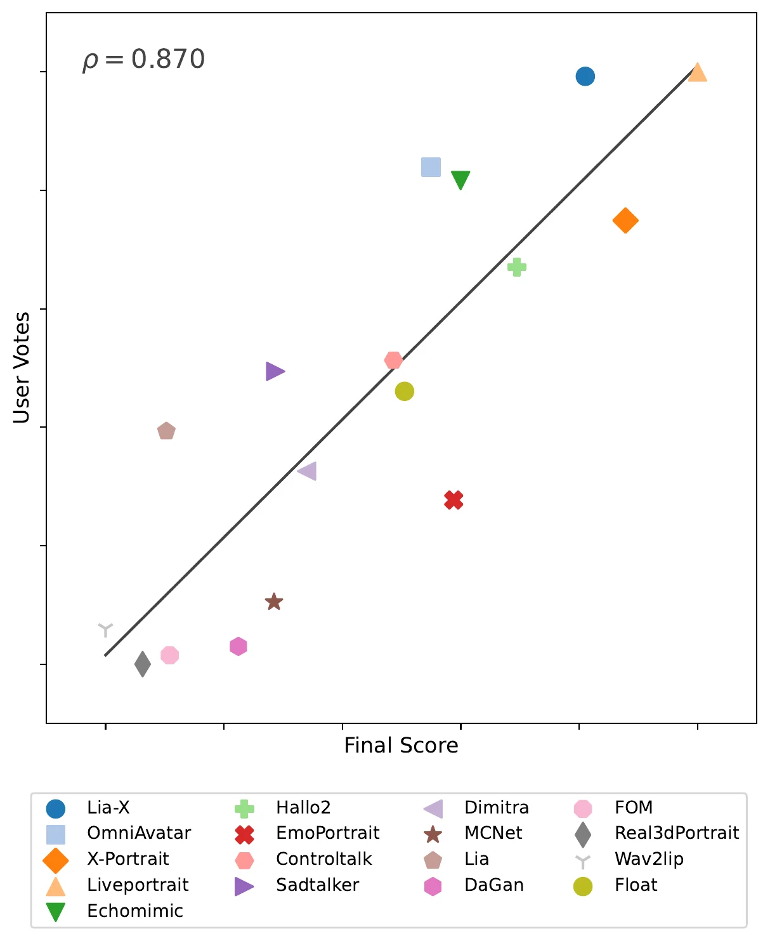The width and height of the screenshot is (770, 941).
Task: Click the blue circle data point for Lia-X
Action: point(585,76)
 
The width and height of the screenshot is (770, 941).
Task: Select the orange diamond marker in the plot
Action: point(625,220)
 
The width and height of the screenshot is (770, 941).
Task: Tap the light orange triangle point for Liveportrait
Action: point(697,72)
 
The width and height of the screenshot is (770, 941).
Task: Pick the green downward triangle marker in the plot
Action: point(460,180)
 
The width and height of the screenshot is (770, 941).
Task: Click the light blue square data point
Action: point(431,168)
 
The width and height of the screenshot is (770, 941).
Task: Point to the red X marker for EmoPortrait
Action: point(454,500)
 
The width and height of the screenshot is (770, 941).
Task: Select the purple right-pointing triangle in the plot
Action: point(275,371)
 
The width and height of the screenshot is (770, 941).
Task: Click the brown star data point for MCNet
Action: point(274,602)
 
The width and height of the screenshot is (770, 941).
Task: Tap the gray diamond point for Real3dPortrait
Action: point(143,664)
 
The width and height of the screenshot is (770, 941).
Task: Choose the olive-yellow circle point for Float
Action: point(405,392)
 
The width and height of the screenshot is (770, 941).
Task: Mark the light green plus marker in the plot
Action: point(517,267)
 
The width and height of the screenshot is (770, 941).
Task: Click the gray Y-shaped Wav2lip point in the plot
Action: point(105,629)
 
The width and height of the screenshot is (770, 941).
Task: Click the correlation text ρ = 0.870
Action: point(143,60)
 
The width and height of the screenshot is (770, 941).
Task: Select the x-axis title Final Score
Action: point(401,745)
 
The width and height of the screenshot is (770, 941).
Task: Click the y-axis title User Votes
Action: point(22,367)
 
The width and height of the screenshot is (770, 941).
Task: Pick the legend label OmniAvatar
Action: point(139,832)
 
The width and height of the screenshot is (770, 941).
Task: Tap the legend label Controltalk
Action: point(324,859)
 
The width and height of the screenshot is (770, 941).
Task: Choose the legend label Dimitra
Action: point(497,807)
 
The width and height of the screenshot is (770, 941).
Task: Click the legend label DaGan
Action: point(494,885)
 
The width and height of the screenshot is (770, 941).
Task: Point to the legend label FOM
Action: point(634,807)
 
